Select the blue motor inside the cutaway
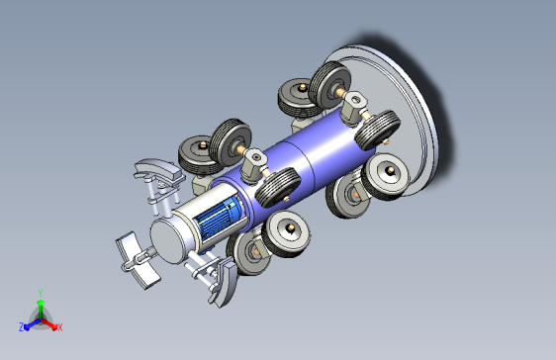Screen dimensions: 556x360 pos(216,218)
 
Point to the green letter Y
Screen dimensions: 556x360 pos(41,293)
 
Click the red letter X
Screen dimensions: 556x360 pos(60,327)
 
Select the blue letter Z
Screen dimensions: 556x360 pos(21,327)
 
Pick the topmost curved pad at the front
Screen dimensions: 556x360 pos(157,167)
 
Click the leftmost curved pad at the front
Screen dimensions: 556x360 pos(137,260)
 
